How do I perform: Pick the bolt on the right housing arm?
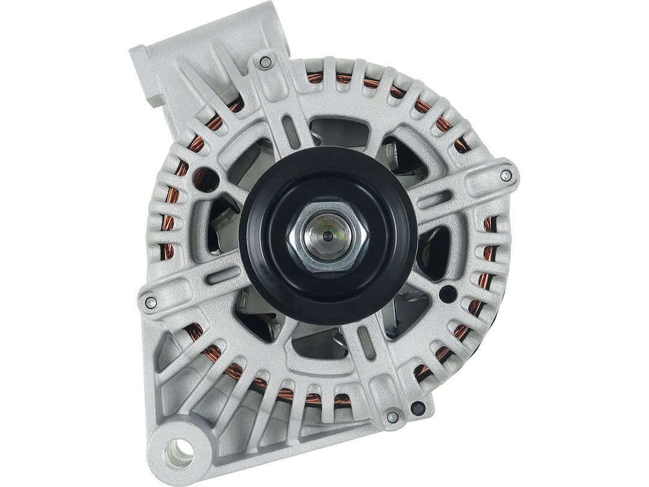506,175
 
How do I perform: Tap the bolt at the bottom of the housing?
393,415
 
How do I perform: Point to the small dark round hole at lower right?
446,293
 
